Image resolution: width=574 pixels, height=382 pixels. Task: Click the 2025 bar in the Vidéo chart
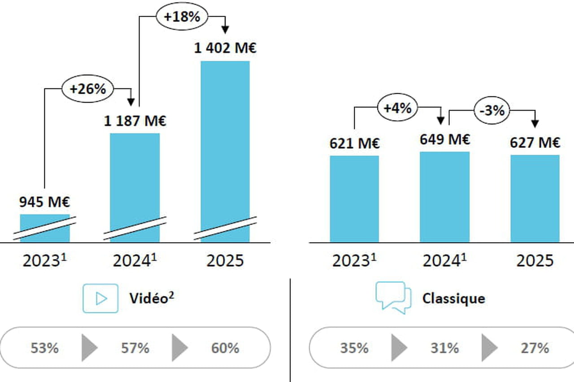click(225, 143)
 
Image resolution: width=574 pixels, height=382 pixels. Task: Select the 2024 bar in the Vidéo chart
click(135, 179)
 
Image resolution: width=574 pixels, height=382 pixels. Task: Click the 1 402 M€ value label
click(225, 48)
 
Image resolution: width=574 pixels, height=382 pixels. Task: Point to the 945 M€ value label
click(44, 203)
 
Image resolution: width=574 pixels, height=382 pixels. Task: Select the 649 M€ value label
click(445, 139)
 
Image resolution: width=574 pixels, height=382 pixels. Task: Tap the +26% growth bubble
click(87, 89)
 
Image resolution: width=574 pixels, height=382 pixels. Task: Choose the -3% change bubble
click(492, 110)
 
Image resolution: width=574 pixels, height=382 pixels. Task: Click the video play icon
click(100, 298)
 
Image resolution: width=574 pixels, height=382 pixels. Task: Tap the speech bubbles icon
click(393, 297)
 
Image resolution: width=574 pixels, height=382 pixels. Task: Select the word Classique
click(453, 298)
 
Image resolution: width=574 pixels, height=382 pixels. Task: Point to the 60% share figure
click(225, 348)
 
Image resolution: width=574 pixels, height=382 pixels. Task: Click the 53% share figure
click(44, 348)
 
